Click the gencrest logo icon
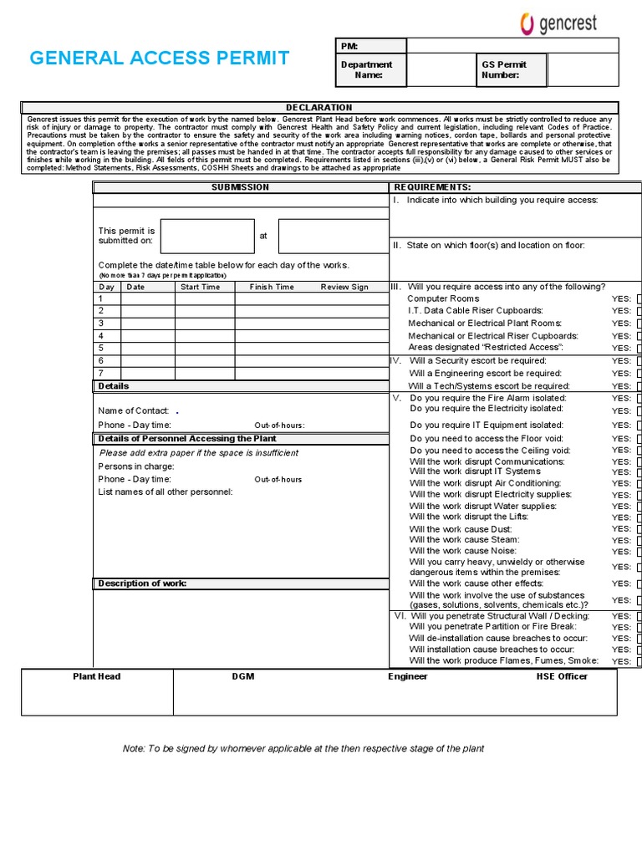527,23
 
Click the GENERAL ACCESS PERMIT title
160,59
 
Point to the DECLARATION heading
319,108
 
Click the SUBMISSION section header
240,187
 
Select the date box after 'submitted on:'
207,236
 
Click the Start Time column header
200,287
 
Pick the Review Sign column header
344,287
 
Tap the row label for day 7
101,373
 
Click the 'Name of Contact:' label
134,410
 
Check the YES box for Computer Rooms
639,298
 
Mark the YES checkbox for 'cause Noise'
639,552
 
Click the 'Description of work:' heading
142,583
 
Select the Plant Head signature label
97,676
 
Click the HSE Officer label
562,676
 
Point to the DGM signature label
243,676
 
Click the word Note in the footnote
134,748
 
